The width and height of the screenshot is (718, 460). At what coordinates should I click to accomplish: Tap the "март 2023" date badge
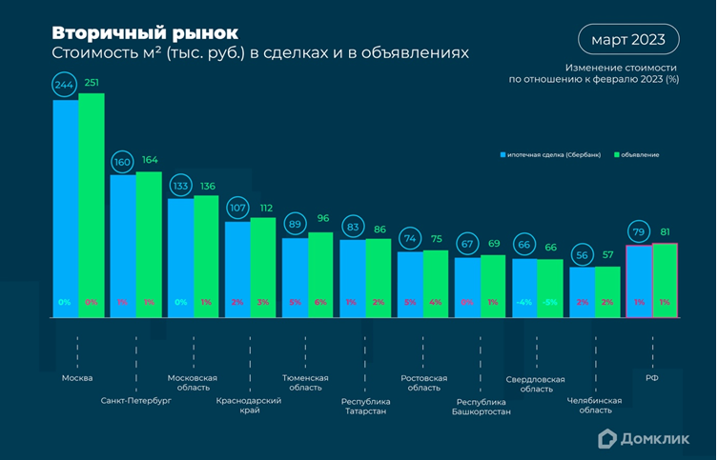click(x=628, y=40)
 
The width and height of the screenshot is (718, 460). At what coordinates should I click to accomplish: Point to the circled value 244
click(x=65, y=84)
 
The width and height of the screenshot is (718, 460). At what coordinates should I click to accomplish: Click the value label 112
click(x=266, y=209)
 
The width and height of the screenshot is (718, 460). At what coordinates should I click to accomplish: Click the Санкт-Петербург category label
click(x=136, y=401)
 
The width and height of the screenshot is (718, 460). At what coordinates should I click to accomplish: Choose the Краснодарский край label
click(x=250, y=406)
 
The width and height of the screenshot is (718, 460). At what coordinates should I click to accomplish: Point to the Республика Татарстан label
click(x=365, y=406)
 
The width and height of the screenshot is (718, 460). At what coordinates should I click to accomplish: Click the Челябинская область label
click(x=596, y=406)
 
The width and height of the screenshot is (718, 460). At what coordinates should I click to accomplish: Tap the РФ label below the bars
click(x=652, y=377)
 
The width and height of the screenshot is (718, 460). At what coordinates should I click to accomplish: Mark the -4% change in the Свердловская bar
click(x=523, y=301)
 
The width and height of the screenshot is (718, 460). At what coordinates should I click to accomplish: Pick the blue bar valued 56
click(x=582, y=290)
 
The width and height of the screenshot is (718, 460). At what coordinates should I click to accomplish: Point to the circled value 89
click(x=295, y=225)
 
